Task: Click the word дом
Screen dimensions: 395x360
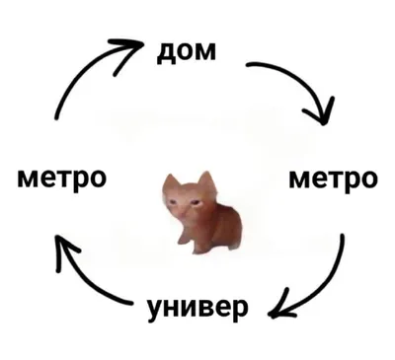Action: (x=187, y=52)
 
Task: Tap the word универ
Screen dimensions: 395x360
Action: (x=197, y=309)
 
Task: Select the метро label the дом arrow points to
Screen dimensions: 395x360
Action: (x=333, y=180)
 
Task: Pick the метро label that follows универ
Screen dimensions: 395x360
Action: (x=61, y=179)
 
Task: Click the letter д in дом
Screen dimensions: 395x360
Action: (x=165, y=53)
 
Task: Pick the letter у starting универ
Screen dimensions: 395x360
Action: (x=155, y=311)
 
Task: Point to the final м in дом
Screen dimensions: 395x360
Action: (x=205, y=52)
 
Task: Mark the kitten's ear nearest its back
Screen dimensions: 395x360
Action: (x=206, y=180)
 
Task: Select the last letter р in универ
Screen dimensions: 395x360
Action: (x=240, y=311)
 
